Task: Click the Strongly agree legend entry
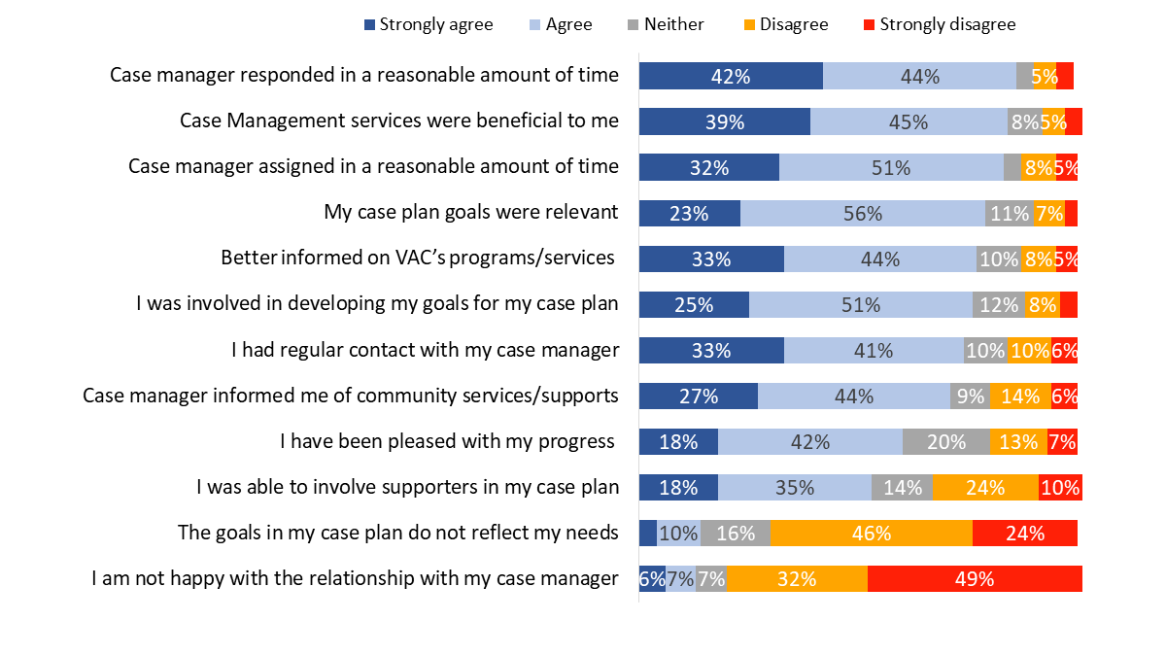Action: pyautogui.click(x=428, y=24)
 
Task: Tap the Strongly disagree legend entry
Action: pyautogui.click(x=939, y=24)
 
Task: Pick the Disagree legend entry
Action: pyautogui.click(x=786, y=24)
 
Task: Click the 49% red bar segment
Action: pyautogui.click(x=975, y=579)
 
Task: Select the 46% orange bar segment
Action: pyautogui.click(x=872, y=534)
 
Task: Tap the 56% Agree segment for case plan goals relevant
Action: pyautogui.click(x=862, y=213)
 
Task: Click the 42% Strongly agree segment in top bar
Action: pyautogui.click(x=731, y=76)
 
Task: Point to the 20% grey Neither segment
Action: pyautogui.click(x=946, y=442)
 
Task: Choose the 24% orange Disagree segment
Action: pyautogui.click(x=985, y=488)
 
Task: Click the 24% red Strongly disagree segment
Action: pyautogui.click(x=1024, y=534)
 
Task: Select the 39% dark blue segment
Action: pyautogui.click(x=725, y=121)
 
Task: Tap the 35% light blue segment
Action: pyautogui.click(x=794, y=488)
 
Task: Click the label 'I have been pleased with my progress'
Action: pyautogui.click(x=448, y=441)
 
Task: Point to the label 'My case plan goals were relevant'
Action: pyautogui.click(x=470, y=212)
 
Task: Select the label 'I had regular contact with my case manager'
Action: pyautogui.click(x=425, y=350)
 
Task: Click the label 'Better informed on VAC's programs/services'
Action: pyautogui.click(x=419, y=258)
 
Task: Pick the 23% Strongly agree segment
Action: pyautogui.click(x=690, y=213)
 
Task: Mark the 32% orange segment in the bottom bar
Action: pyautogui.click(x=797, y=579)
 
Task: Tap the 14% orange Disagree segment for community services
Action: pyautogui.click(x=1020, y=397)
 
